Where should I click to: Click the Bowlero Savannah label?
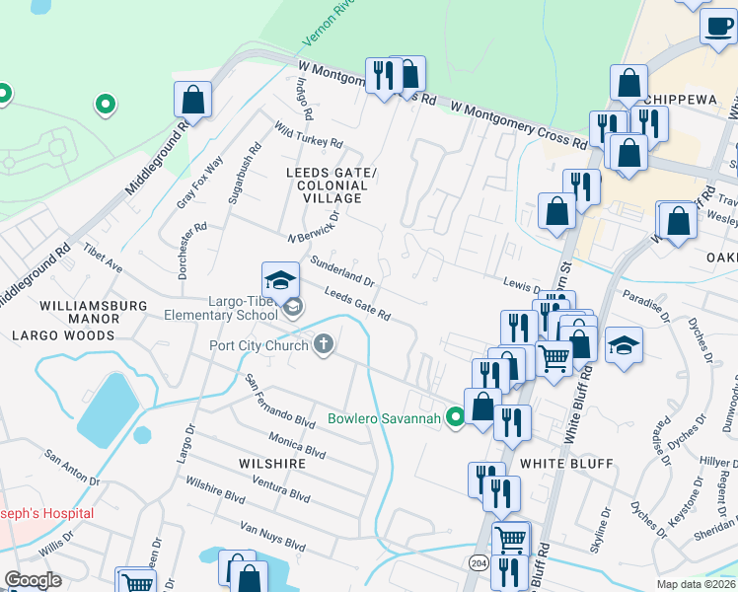tap(383, 419)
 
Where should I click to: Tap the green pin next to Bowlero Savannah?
tap(455, 418)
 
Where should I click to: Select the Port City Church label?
tap(258, 345)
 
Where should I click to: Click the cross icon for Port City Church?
tap(323, 344)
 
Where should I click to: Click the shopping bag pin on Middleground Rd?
tap(193, 101)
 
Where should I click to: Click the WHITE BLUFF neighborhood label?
tap(566, 463)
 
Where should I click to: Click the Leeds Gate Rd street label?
tap(357, 305)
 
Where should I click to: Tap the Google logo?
tap(34, 580)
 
